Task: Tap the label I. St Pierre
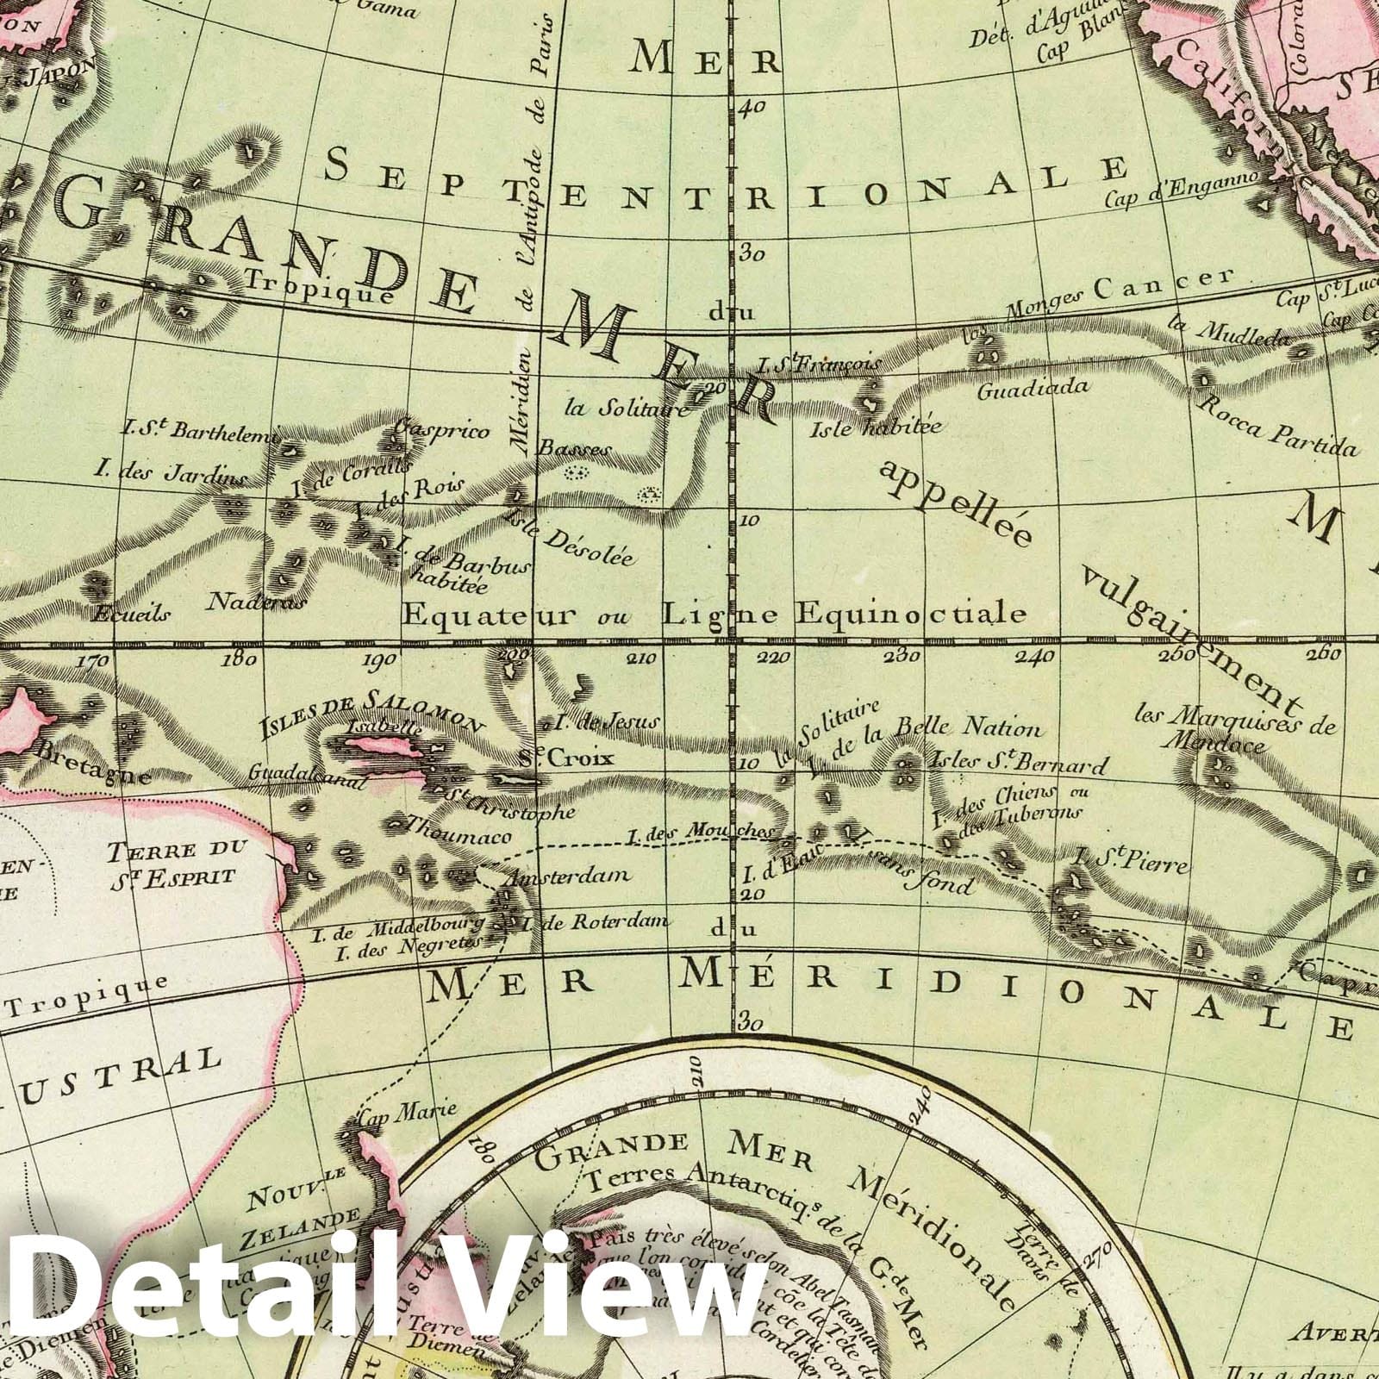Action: coord(1132,859)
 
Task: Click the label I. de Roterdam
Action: coord(595,921)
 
